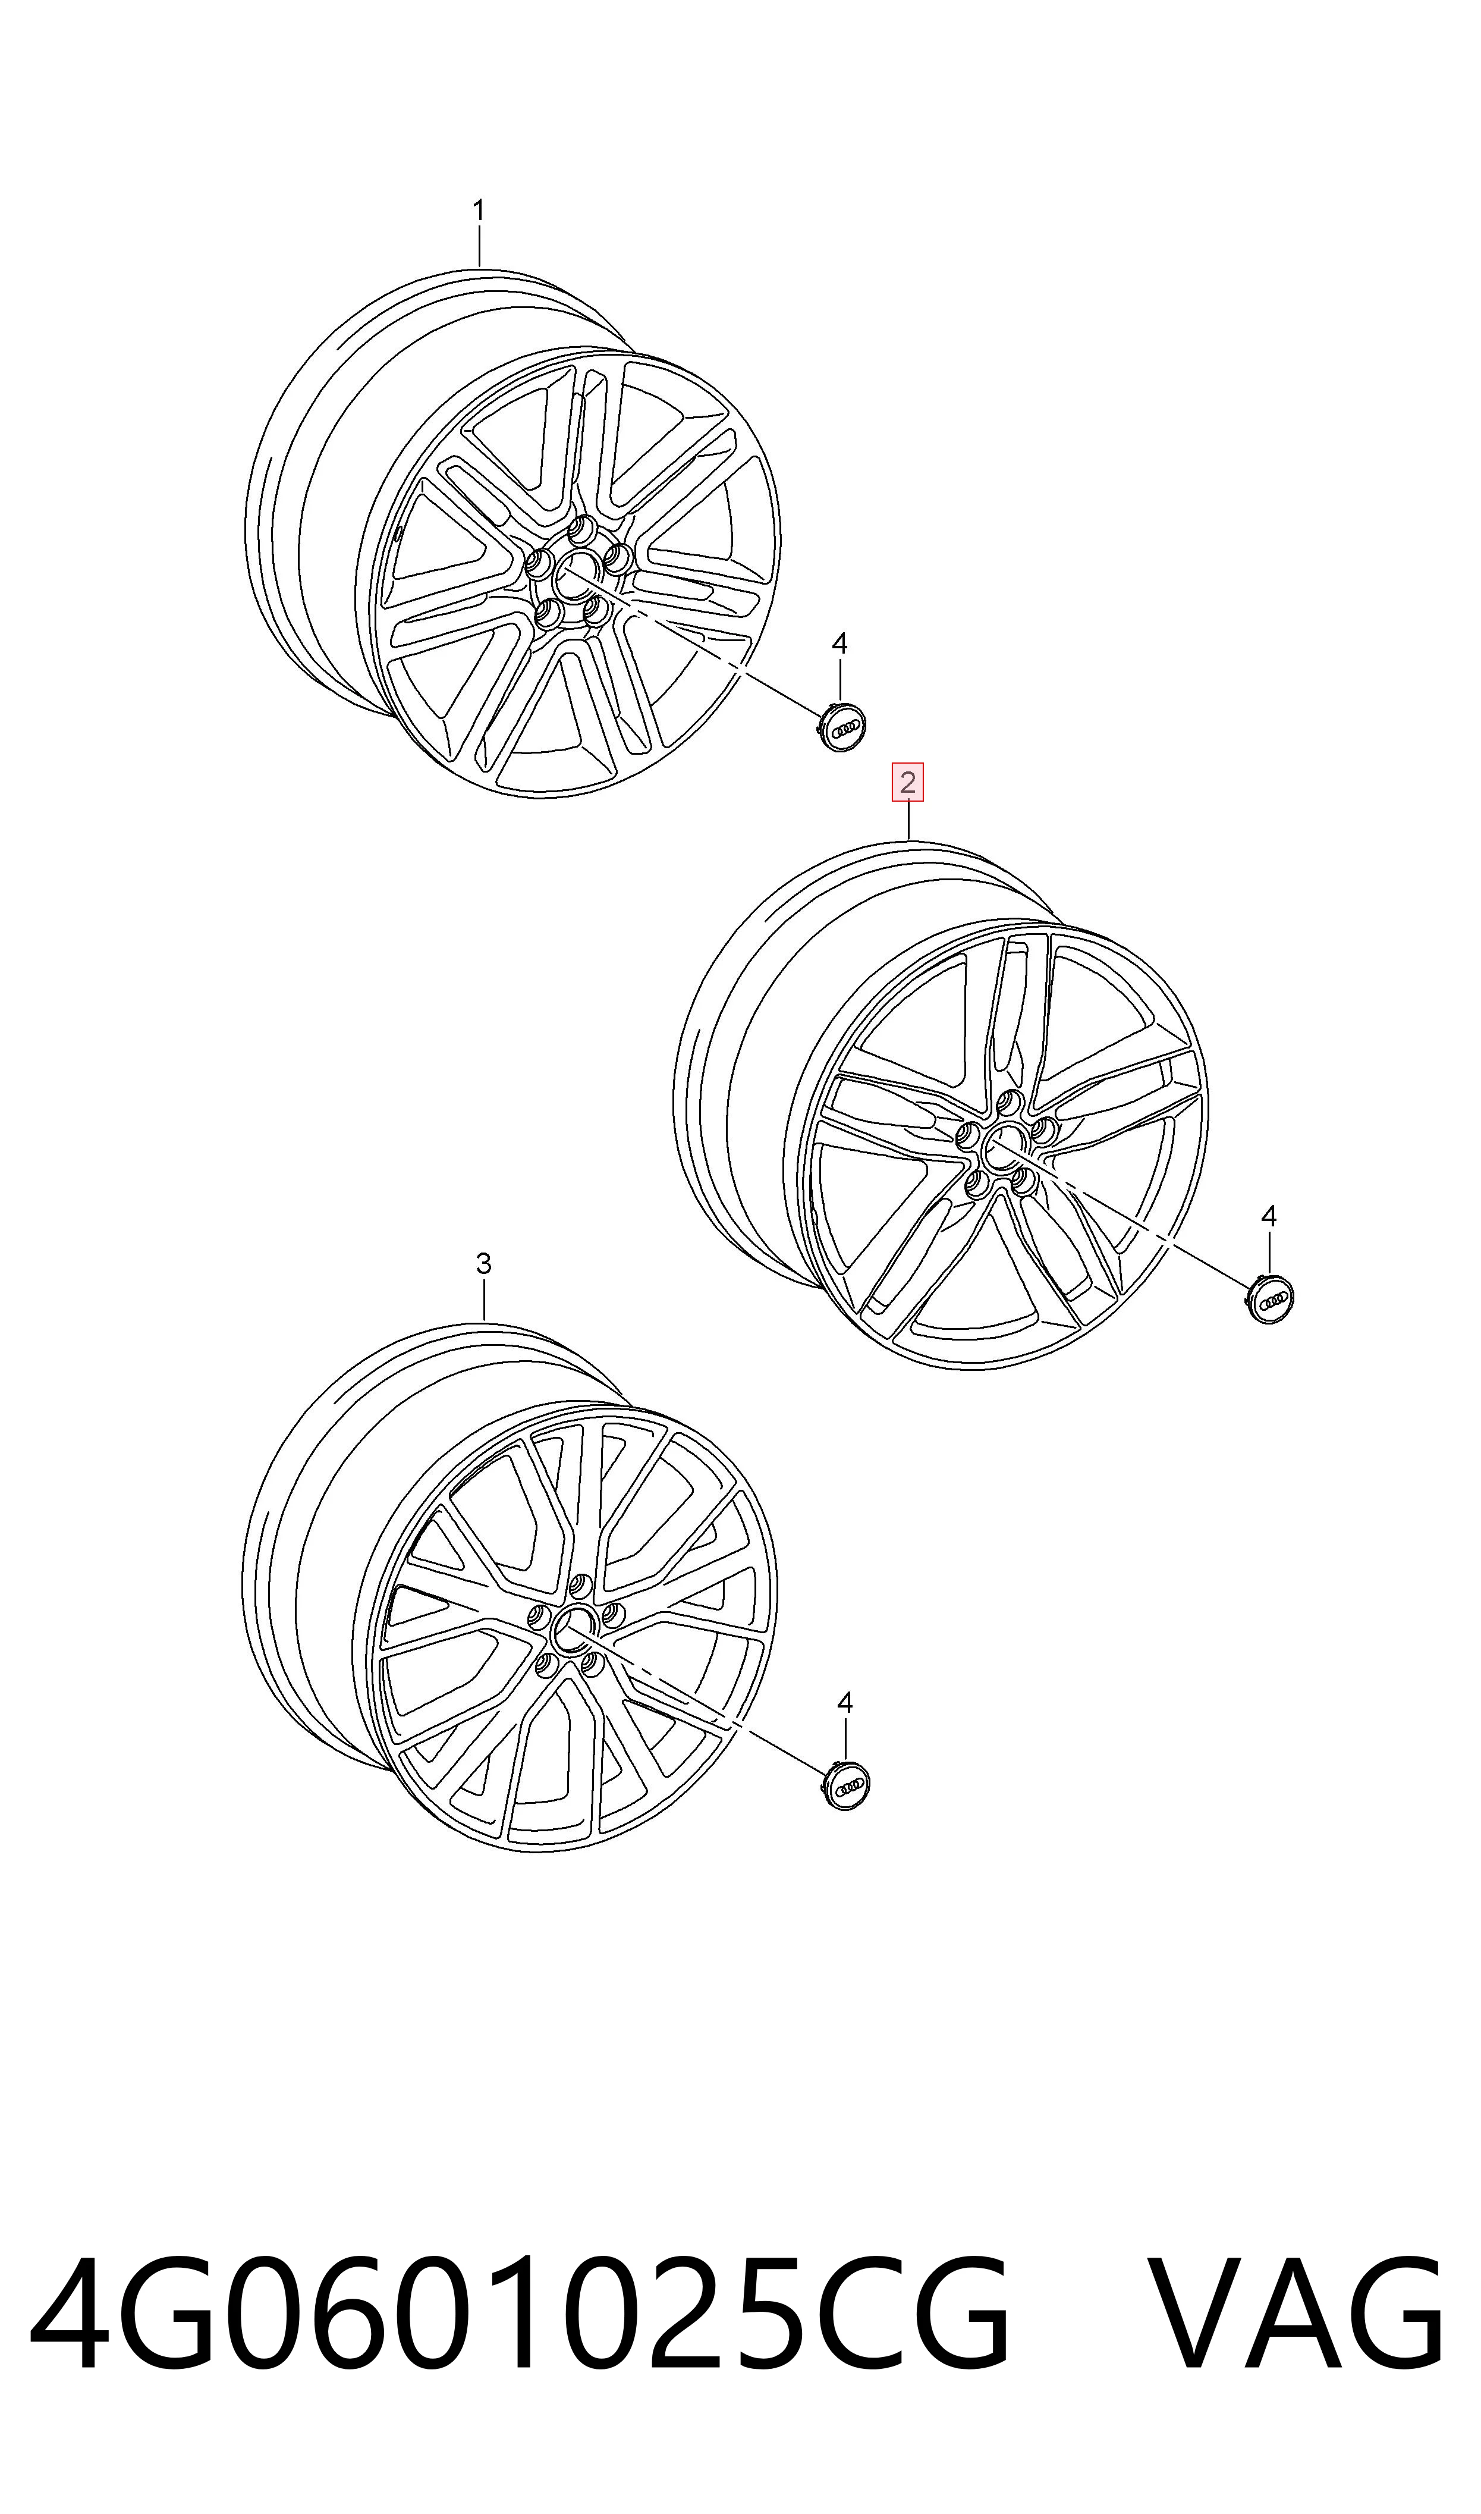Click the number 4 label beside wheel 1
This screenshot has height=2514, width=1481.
pos(840,645)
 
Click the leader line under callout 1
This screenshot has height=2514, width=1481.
pos(479,246)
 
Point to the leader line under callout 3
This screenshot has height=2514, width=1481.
pos(484,1300)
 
